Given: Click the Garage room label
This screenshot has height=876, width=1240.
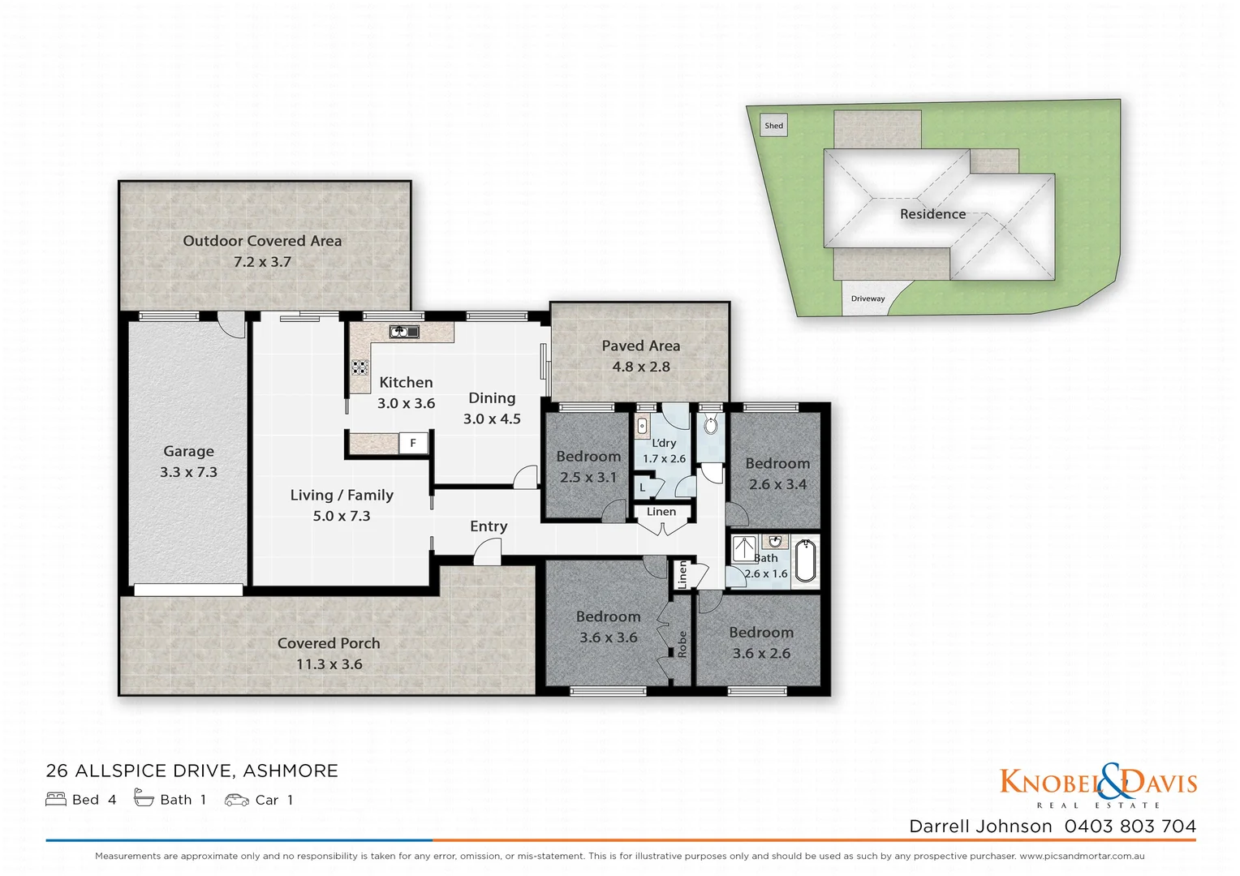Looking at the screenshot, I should [x=188, y=452].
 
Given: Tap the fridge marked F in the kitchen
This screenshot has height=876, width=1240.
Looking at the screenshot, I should [x=413, y=443].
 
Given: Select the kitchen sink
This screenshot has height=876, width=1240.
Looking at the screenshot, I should [x=403, y=331].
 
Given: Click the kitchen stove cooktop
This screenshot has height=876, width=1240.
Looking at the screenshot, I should [x=360, y=367].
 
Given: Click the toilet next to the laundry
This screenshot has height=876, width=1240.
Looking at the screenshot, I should [x=711, y=425].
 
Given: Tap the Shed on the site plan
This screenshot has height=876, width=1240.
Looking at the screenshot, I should [x=774, y=126].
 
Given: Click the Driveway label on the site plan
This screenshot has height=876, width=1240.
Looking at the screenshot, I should [x=868, y=298].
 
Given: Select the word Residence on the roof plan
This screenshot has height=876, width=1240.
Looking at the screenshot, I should [x=932, y=214].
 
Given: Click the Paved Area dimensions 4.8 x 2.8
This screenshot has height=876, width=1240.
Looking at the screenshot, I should [x=640, y=367].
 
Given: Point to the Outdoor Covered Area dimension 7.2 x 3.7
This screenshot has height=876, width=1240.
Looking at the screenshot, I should [x=262, y=262].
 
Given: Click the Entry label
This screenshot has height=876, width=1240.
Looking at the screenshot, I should [x=489, y=526].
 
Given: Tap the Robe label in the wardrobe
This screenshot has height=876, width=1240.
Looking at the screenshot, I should [x=682, y=644].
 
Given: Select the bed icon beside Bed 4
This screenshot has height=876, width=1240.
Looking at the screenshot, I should [x=56, y=800].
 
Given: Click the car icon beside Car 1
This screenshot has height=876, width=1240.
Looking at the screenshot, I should [x=237, y=800].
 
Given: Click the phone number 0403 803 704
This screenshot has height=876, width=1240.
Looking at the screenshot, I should [x=1130, y=826].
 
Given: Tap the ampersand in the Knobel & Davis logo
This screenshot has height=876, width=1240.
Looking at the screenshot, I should [x=1113, y=780].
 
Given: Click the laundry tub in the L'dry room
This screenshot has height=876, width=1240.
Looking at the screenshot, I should [x=643, y=425].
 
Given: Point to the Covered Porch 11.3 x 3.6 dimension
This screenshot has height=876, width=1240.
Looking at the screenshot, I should [x=329, y=664].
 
